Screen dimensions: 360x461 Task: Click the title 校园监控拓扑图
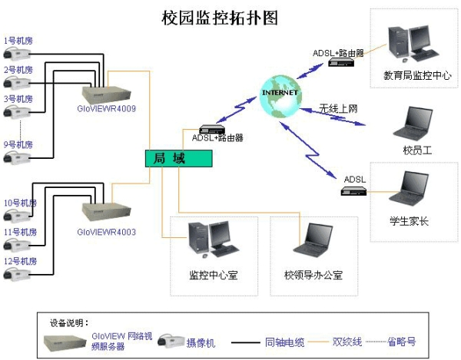click(219, 16)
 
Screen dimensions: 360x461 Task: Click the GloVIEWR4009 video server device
click(107, 92)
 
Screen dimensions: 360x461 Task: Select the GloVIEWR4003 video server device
click(107, 212)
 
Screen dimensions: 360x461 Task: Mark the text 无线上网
click(340, 108)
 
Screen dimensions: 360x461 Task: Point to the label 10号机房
click(21, 203)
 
